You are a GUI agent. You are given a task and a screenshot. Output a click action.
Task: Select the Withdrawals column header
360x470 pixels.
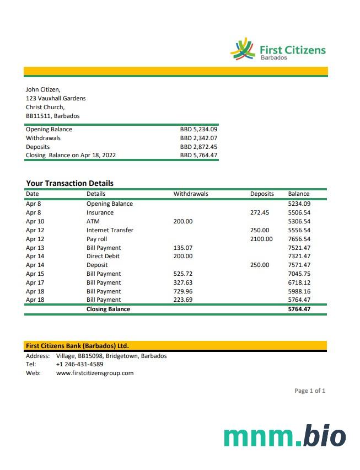pos(191,194)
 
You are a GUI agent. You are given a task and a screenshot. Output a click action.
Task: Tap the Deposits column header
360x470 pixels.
pos(262,194)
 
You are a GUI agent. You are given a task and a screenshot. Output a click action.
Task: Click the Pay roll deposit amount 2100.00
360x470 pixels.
pos(261,239)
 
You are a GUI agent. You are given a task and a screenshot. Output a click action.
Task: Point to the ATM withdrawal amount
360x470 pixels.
pos(183,221)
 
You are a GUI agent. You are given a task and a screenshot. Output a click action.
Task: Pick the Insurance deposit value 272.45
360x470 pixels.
pos(259,212)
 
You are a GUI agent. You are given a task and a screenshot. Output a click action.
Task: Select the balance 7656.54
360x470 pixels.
pos(299,239)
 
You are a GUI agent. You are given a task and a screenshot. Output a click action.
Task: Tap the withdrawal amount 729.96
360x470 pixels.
pos(183,291)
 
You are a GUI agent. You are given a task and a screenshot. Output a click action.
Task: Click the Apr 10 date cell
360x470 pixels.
pos(35,221)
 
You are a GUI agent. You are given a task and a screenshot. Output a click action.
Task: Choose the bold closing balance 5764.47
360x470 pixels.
pos(299,309)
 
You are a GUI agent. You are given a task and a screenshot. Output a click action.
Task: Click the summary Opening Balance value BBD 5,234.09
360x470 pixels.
pos(198,130)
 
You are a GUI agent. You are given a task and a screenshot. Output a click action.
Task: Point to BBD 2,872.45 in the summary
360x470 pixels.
pos(198,147)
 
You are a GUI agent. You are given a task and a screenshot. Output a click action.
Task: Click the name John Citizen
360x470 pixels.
pos(43,90)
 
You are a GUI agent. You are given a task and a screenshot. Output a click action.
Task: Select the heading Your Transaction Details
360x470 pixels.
pos(69,183)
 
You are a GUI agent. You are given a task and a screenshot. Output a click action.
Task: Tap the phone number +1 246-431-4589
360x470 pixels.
pos(79,365)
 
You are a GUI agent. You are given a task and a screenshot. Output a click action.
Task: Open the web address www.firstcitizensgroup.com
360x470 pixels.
pos(95,373)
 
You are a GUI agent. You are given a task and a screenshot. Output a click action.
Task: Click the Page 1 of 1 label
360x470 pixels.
pos(310,391)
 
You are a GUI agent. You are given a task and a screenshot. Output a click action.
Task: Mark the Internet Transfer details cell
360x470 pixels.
pos(110,230)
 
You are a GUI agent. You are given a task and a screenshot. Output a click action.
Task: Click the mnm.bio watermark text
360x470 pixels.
pos(284,436)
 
